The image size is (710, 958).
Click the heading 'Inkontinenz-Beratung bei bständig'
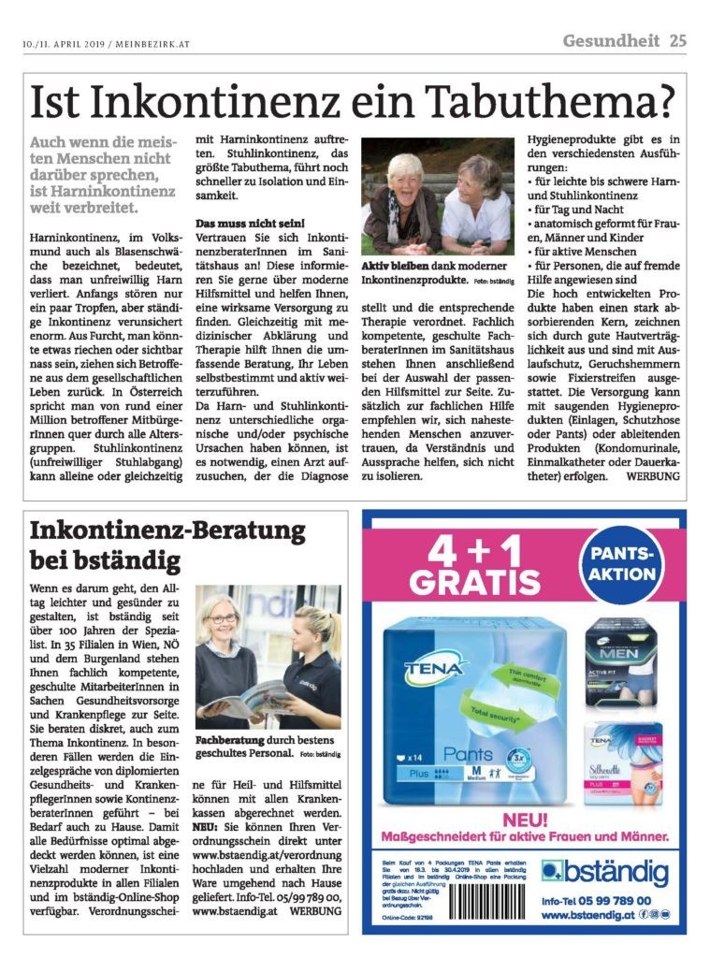pos(168,546)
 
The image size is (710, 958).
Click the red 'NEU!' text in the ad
pos(529,820)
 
